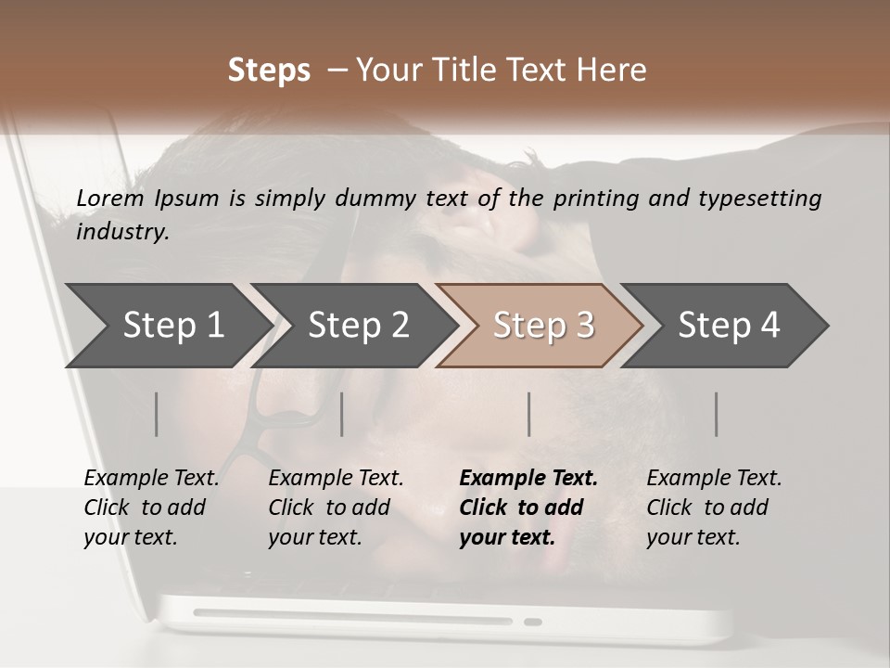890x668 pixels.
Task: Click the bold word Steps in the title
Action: [269, 71]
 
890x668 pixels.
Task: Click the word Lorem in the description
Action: [109, 198]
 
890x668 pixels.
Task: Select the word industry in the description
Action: [122, 232]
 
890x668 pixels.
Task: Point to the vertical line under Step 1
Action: [157, 414]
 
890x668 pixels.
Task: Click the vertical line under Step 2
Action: [342, 414]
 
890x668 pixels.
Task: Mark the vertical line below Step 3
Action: [529, 414]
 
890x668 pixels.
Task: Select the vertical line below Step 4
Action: [717, 414]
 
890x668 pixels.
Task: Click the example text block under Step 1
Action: [151, 507]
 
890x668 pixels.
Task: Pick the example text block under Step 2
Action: [336, 507]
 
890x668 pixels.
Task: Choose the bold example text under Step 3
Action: [528, 507]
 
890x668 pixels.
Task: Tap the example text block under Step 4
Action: [714, 507]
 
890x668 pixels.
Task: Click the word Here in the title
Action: [612, 71]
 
